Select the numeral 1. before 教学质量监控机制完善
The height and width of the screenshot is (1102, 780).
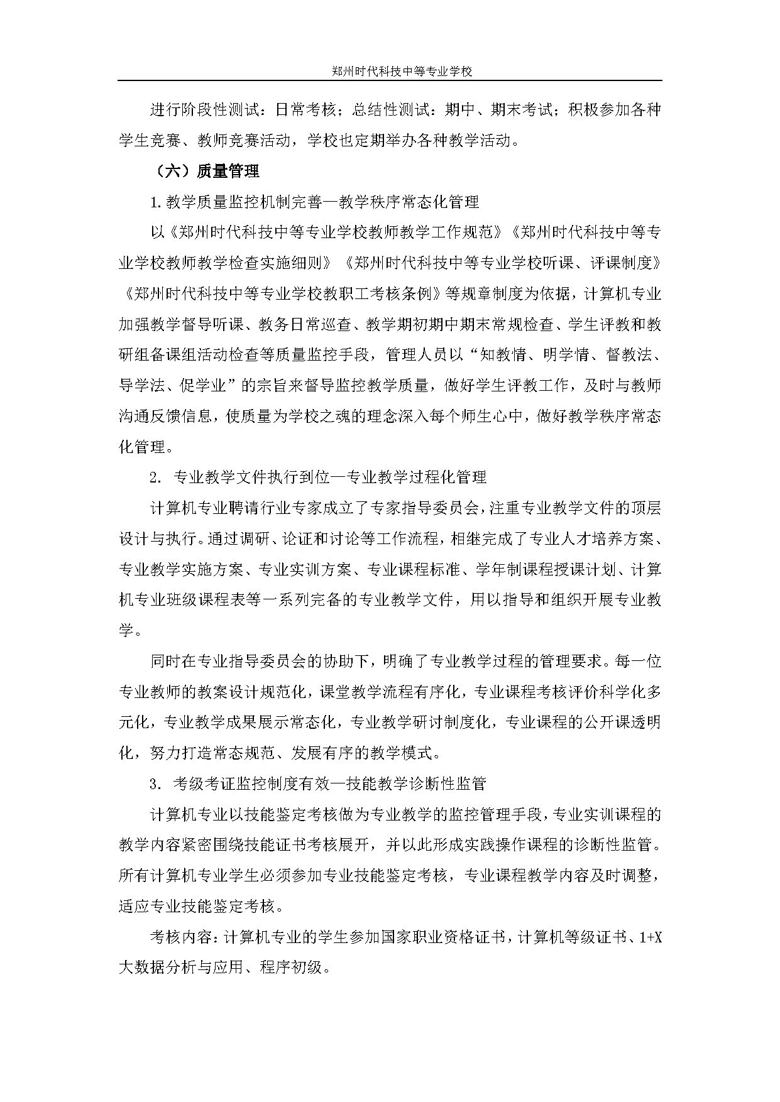click(156, 202)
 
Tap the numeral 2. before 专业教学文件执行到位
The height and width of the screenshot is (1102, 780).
click(156, 477)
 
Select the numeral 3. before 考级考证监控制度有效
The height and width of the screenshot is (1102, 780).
click(156, 783)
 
